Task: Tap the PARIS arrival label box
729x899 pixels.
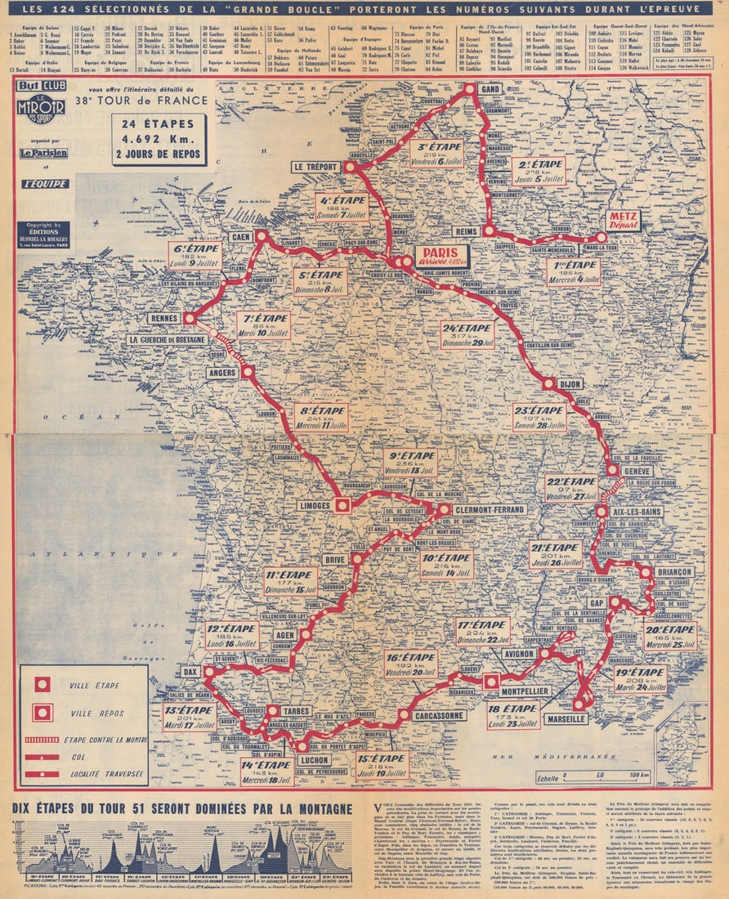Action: (x=441, y=257)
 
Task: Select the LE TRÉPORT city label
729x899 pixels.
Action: (x=315, y=168)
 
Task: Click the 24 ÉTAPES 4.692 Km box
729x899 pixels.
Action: (x=159, y=138)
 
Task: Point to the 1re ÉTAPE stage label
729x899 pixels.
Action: (x=573, y=271)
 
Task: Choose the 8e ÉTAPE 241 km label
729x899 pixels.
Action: (x=321, y=418)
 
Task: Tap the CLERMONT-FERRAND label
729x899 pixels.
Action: (x=490, y=509)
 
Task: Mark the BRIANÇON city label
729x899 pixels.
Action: (x=673, y=572)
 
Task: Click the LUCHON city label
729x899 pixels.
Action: (x=314, y=759)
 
